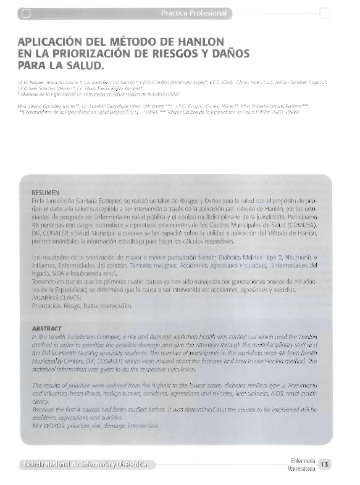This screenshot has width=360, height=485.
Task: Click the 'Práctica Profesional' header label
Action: pos(193,13)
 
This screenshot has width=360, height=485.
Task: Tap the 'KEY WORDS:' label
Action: pos(49,426)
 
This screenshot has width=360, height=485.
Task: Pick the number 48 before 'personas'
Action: pos(35,227)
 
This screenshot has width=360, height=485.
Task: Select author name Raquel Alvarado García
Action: pos(62,82)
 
